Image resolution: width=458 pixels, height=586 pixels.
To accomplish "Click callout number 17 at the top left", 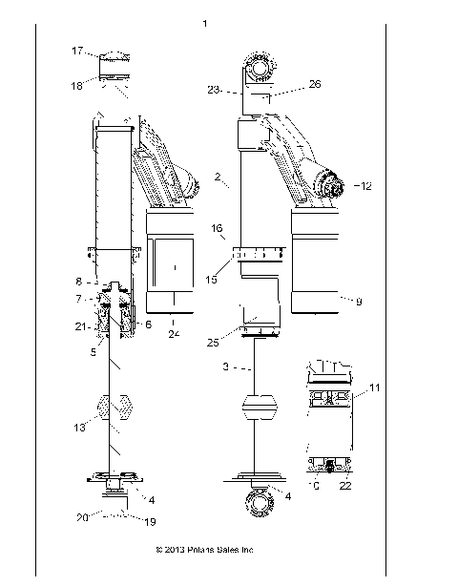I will click(77, 52).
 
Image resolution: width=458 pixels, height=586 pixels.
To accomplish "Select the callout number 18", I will click(77, 85).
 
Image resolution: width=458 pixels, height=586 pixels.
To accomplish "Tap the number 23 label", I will click(215, 91).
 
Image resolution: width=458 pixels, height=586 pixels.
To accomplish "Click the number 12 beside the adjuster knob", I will click(364, 185).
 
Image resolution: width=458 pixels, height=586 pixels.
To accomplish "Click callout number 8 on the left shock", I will click(80, 283).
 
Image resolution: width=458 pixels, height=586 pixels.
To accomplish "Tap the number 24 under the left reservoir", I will click(174, 334).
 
